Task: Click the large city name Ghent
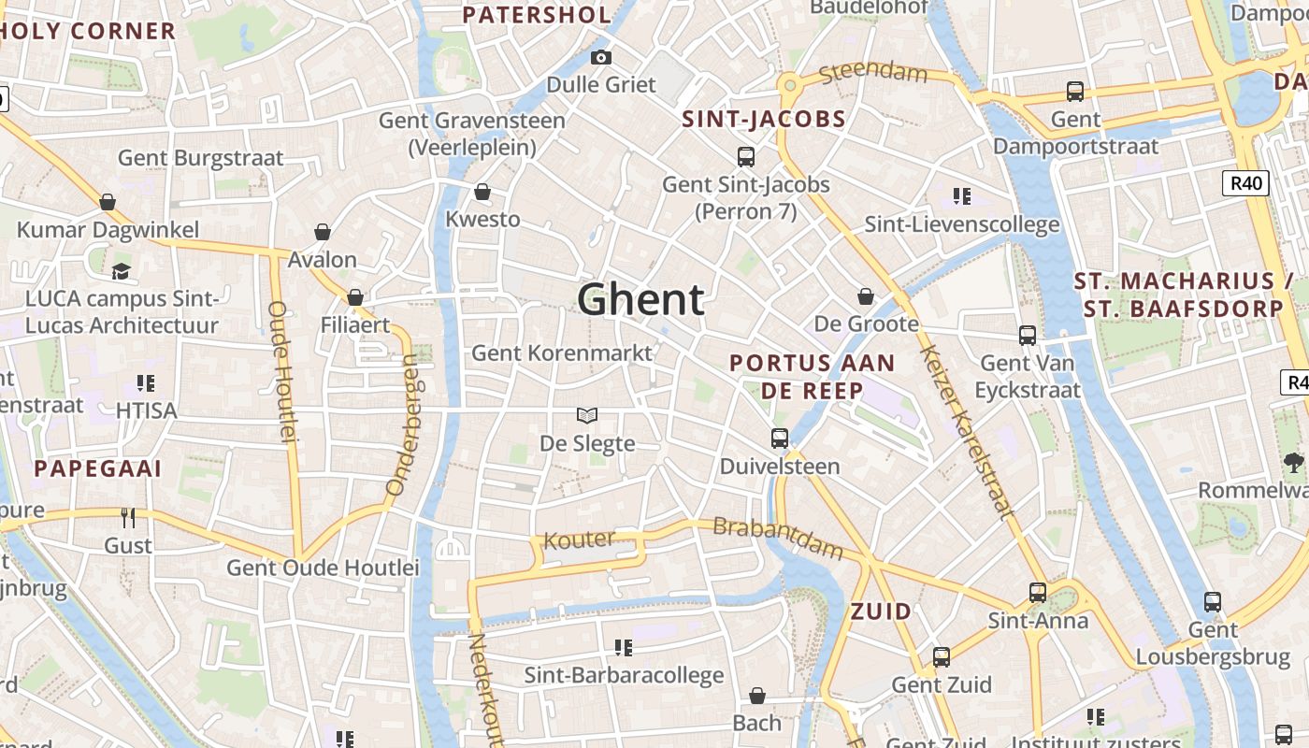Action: pyautogui.click(x=640, y=300)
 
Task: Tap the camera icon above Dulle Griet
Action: pyautogui.click(x=601, y=57)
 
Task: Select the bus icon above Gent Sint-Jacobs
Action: pyautogui.click(x=745, y=156)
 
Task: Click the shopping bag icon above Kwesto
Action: pyautogui.click(x=482, y=192)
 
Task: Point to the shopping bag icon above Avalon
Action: pyautogui.click(x=323, y=232)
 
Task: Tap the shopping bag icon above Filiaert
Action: pyautogui.click(x=354, y=297)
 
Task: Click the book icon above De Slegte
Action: pyautogui.click(x=586, y=415)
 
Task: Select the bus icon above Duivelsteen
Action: pyautogui.click(x=779, y=438)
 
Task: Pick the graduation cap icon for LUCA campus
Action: pyautogui.click(x=121, y=271)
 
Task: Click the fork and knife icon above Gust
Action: pyautogui.click(x=128, y=517)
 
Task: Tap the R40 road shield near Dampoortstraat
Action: pyautogui.click(x=1245, y=183)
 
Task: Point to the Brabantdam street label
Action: pyautogui.click(x=778, y=537)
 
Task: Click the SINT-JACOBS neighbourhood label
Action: pyautogui.click(x=764, y=119)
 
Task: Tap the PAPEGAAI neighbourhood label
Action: pyautogui.click(x=98, y=468)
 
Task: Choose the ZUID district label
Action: pyautogui.click(x=881, y=611)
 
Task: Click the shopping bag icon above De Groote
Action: pyautogui.click(x=866, y=296)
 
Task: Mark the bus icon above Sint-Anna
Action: pyautogui.click(x=1038, y=592)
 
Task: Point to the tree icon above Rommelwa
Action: pyautogui.click(x=1294, y=461)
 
